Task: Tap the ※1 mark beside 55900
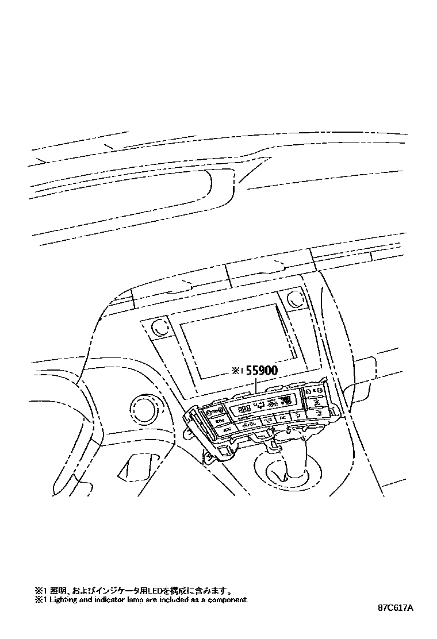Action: (x=237, y=372)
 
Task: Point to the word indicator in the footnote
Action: (x=102, y=599)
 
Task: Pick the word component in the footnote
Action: (x=227, y=599)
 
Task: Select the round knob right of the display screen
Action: (x=294, y=299)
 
